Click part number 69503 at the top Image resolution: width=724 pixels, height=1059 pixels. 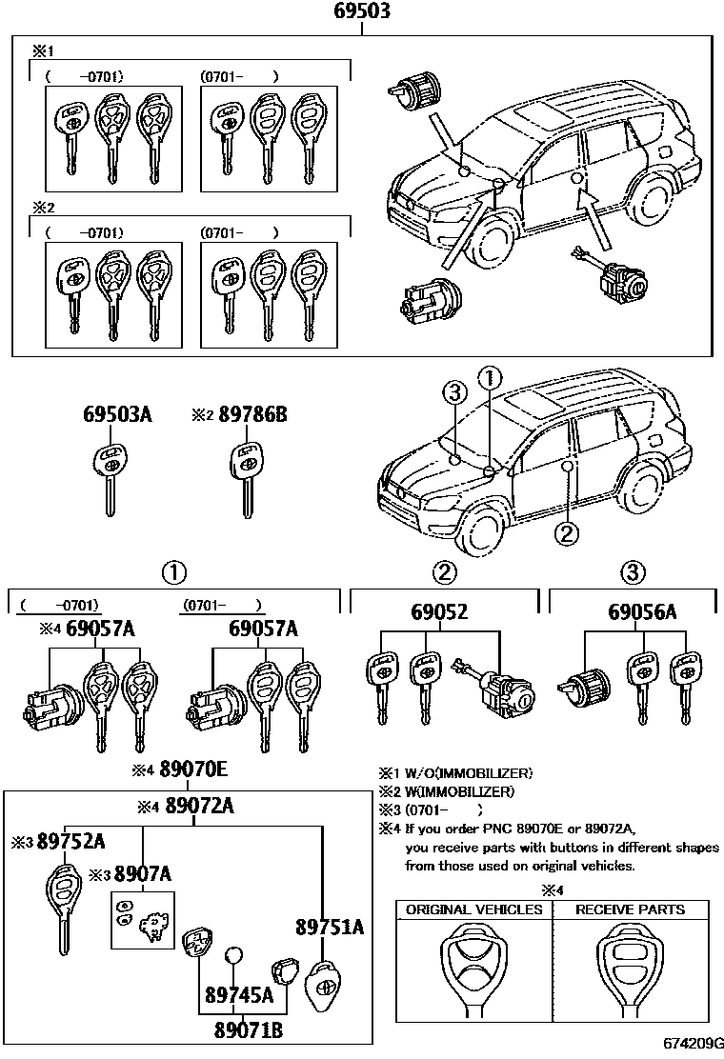click(362, 12)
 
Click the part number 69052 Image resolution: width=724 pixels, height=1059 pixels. click(439, 611)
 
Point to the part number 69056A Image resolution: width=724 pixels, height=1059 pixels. click(642, 611)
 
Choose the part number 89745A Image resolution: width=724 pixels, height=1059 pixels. click(239, 996)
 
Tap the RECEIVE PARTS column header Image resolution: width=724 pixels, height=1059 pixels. click(630, 909)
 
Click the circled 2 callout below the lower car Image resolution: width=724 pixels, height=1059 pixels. click(567, 534)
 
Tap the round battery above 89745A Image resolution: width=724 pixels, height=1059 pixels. click(234, 957)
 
